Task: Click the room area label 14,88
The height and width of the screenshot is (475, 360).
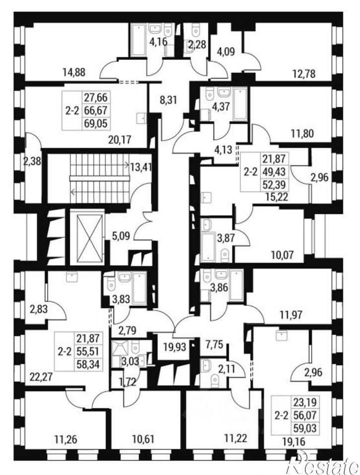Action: tap(74, 72)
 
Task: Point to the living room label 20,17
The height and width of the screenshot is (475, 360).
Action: tap(120, 139)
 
